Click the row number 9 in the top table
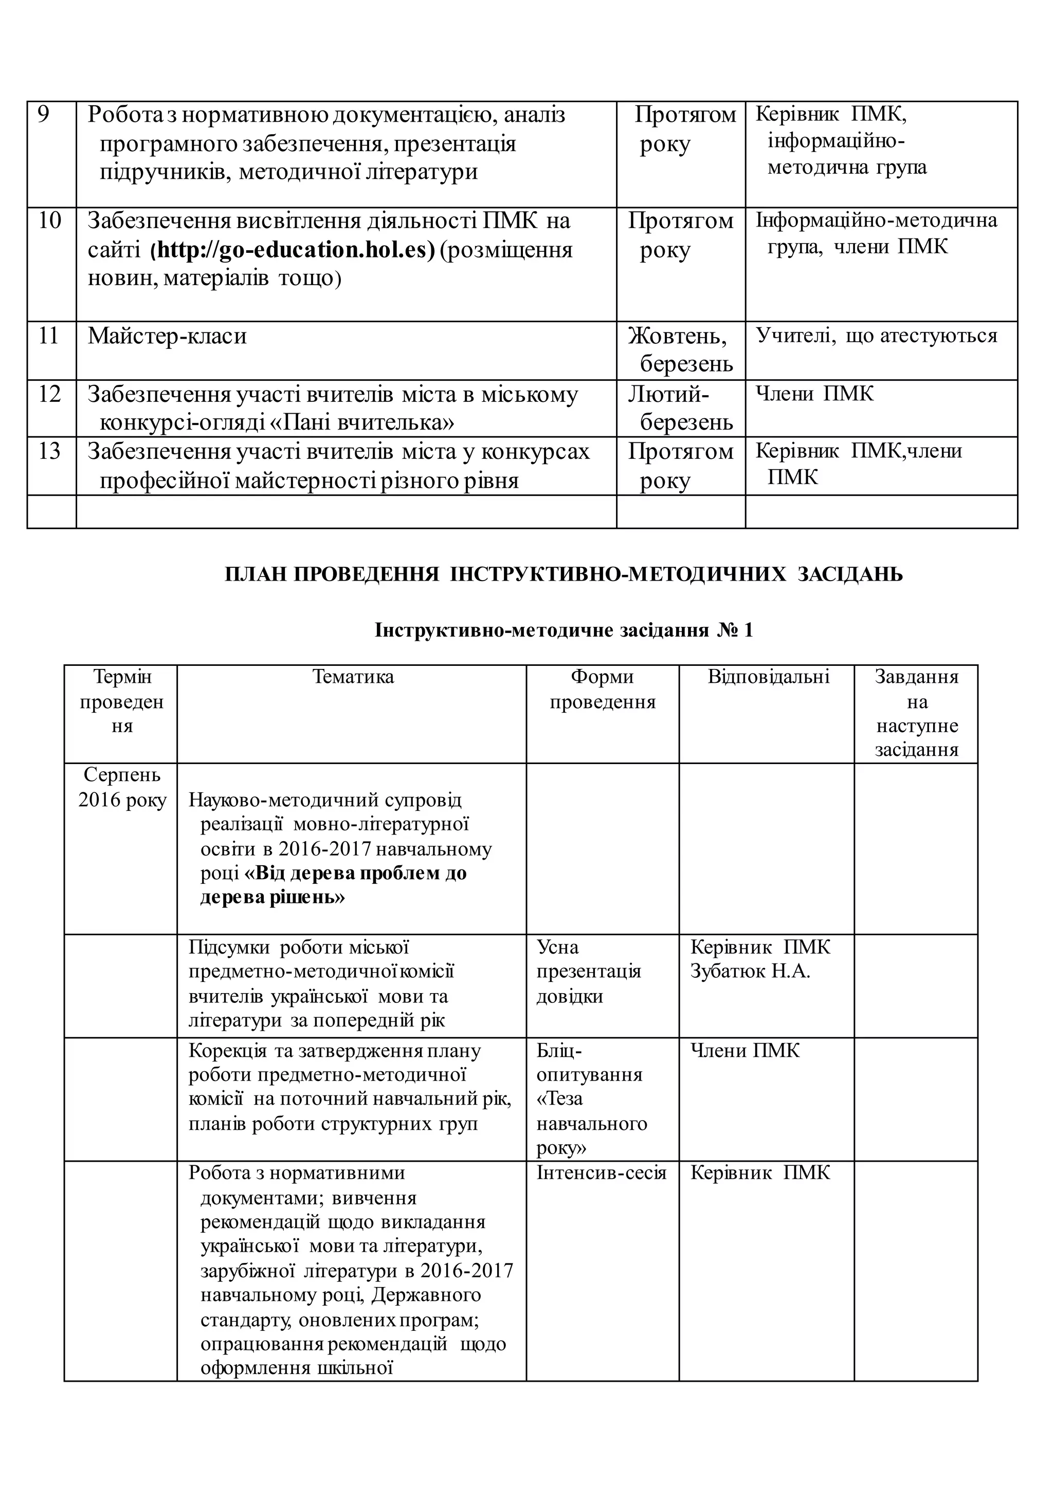[x=43, y=115]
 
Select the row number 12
[x=49, y=394]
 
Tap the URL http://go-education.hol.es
[x=292, y=250]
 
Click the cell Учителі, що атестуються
[x=876, y=336]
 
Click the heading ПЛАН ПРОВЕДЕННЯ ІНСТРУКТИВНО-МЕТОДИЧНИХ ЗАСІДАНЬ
[x=563, y=574]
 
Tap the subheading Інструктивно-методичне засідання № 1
[x=563, y=630]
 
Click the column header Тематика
[x=353, y=677]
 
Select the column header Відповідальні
[x=768, y=677]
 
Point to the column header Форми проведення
[x=603, y=690]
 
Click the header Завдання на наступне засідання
[x=916, y=713]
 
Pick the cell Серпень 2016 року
[x=122, y=788]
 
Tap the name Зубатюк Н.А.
[x=750, y=972]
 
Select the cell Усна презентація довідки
[x=588, y=972]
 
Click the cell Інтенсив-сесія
[x=601, y=1173]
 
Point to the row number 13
[x=49, y=451]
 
